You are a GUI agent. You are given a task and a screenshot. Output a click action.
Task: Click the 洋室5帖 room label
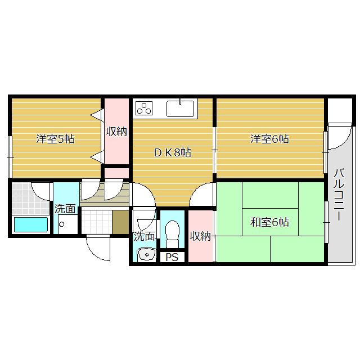pyautogui.click(x=55, y=139)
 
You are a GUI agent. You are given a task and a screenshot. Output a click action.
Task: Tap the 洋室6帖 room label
pyautogui.click(x=269, y=139)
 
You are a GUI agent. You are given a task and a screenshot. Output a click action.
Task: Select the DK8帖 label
pyautogui.click(x=173, y=152)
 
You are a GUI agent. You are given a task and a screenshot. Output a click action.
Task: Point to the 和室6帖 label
pyautogui.click(x=269, y=222)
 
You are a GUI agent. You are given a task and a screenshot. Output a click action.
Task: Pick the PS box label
pyautogui.click(x=171, y=258)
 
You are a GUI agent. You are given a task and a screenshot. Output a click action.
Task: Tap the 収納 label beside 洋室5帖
pyautogui.click(x=116, y=132)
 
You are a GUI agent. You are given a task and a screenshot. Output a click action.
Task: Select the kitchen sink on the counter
pyautogui.click(x=181, y=107)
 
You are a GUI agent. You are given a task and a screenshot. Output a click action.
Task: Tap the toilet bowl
pyautogui.click(x=172, y=231)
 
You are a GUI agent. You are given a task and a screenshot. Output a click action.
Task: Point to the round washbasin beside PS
pyautogui.click(x=147, y=255)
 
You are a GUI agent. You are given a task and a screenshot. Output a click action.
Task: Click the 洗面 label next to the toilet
pyautogui.click(x=143, y=237)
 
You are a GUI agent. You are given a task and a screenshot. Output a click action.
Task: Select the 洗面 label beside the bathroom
pyautogui.click(x=65, y=209)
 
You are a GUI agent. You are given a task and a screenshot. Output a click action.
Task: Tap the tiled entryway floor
pyautogui.click(x=96, y=221)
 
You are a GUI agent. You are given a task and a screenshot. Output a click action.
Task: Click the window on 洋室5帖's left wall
pyautogui.click(x=10, y=148)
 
